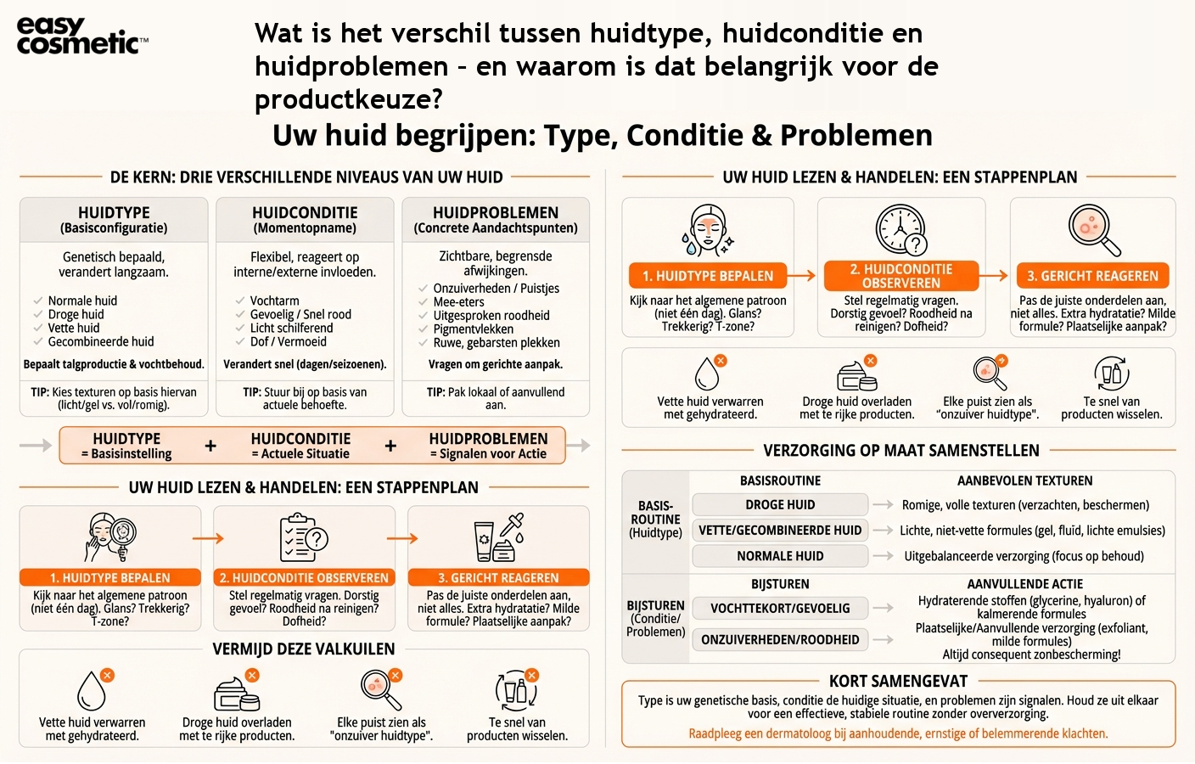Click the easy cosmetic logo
(81, 37)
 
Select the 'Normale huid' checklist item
(82, 301)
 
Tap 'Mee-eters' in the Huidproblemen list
(458, 301)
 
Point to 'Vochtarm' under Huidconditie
(274, 301)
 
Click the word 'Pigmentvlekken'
(473, 329)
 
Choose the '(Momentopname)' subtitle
(305, 228)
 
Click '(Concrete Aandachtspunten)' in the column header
(496, 228)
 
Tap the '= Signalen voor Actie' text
(488, 453)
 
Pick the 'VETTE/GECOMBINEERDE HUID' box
(780, 530)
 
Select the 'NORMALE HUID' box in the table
(780, 556)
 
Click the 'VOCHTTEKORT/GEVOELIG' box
(780, 608)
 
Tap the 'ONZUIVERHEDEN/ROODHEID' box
(780, 639)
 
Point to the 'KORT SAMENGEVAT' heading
(898, 681)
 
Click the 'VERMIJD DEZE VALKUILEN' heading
(304, 649)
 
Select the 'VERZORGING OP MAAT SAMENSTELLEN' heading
(900, 450)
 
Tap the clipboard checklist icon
(304, 537)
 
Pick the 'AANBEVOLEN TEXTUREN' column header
(1024, 480)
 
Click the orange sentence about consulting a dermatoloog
(898, 733)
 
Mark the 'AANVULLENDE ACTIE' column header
(1024, 584)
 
